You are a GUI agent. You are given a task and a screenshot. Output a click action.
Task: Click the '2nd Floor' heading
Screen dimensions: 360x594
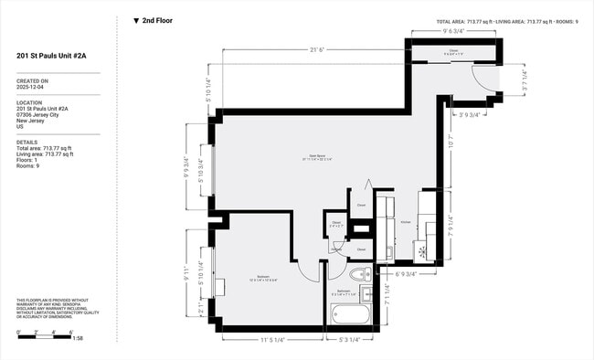coord(156,20)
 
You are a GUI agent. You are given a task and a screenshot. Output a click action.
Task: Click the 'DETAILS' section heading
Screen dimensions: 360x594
coord(27,143)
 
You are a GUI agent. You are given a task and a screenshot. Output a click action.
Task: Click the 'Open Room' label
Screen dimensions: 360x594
coord(318,156)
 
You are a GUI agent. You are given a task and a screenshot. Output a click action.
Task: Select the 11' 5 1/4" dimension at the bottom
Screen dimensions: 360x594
coord(271,340)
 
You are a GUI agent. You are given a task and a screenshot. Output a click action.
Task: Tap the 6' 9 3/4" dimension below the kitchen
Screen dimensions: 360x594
coord(403,273)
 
